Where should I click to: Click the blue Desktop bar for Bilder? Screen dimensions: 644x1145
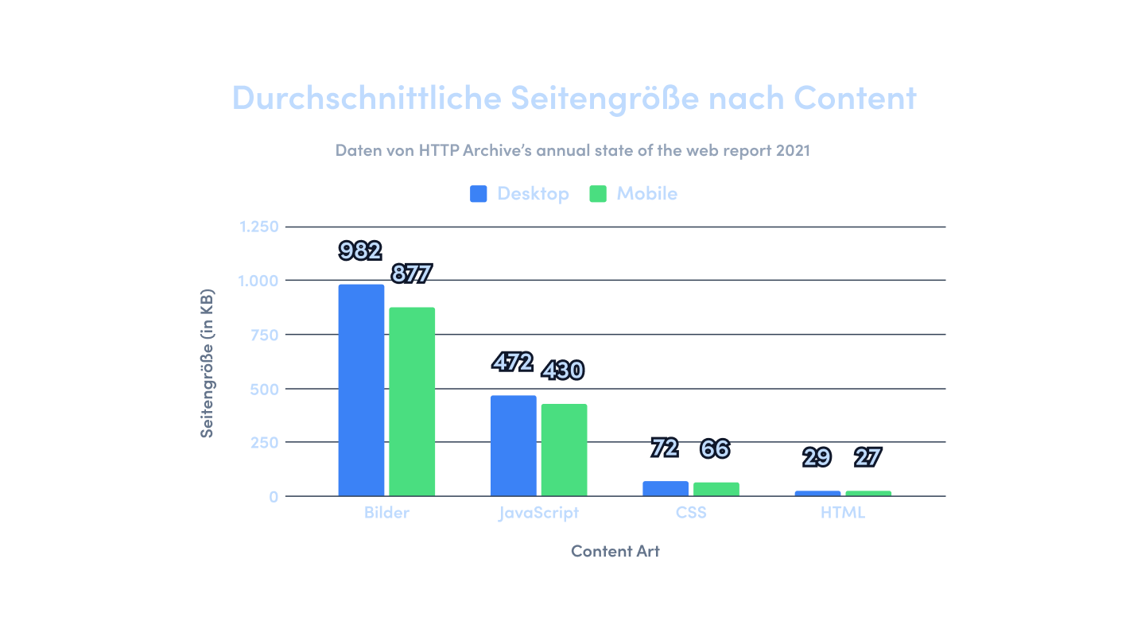coord(361,390)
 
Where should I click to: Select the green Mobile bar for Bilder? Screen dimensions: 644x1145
coord(412,402)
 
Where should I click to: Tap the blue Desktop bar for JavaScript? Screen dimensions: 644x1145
coord(514,445)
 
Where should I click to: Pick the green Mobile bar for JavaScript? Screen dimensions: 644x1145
coord(564,450)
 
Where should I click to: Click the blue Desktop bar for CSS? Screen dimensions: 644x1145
coord(666,488)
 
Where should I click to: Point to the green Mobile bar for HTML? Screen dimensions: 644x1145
coord(868,493)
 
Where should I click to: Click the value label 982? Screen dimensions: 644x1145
coord(360,251)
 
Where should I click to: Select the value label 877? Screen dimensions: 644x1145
coord(411,274)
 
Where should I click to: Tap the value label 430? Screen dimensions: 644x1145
coord(563,370)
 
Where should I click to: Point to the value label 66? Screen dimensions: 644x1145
coord(715,449)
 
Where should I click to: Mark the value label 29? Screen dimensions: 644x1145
coord(817,458)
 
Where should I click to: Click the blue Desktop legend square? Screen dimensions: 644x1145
coord(479,194)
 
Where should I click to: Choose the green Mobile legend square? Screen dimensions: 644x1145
coord(598,194)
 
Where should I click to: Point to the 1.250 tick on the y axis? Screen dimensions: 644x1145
coord(259,227)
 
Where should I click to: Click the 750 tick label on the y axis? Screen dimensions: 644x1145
coord(265,335)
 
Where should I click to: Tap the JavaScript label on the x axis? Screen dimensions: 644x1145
coord(539,513)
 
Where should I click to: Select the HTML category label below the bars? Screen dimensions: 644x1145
coord(843,513)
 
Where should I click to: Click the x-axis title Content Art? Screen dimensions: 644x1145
coord(615,551)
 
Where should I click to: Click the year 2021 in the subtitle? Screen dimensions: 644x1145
coord(792,149)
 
